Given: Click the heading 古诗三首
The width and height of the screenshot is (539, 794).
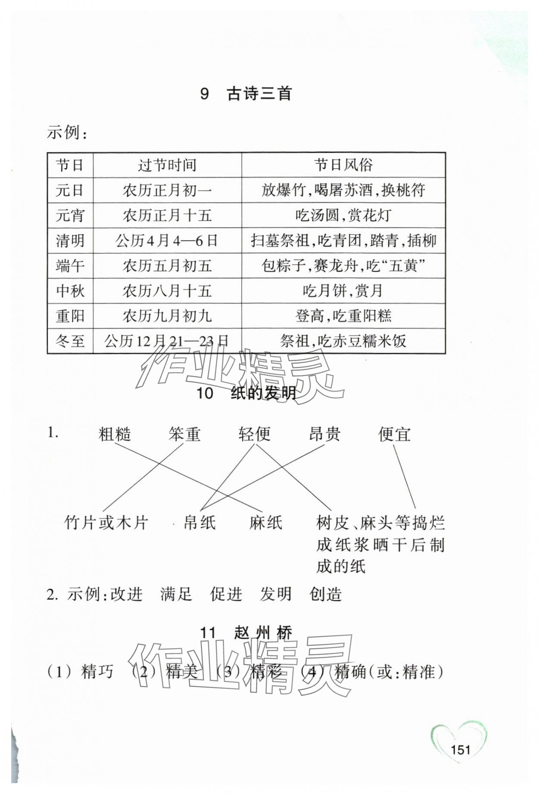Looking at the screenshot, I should (259, 94).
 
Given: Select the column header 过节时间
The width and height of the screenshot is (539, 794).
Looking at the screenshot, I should (167, 165).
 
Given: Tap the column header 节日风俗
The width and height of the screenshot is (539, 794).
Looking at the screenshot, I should (343, 165).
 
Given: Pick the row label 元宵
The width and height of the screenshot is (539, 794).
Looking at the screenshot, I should (70, 215).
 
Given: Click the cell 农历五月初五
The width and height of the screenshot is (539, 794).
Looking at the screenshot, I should (167, 266).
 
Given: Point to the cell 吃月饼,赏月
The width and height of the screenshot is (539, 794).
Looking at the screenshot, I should (343, 291).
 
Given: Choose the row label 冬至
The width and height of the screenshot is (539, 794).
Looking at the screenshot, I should (70, 341).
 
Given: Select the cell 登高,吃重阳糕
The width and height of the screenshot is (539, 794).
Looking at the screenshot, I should (343, 316).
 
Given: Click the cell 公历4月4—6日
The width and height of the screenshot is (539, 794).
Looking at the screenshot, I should (167, 241).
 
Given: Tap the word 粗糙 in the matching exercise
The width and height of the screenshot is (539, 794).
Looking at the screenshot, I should (115, 434).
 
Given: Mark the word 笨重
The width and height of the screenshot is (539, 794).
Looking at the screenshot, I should (185, 434).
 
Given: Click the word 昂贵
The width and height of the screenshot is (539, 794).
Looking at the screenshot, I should (324, 434).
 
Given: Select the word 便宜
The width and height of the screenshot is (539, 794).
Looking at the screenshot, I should (394, 434).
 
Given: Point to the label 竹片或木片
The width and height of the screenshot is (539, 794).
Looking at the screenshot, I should (106, 523).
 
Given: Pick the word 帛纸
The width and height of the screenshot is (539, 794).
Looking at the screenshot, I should (200, 523).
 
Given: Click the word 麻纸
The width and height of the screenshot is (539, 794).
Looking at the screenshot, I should (266, 523).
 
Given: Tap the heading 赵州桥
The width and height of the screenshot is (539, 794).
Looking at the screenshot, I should (263, 633).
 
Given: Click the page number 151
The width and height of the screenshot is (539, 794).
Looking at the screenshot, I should (461, 750).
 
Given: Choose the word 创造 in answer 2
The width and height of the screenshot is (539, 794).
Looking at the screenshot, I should (326, 594).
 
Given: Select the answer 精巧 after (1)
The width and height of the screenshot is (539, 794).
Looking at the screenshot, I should (97, 672).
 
